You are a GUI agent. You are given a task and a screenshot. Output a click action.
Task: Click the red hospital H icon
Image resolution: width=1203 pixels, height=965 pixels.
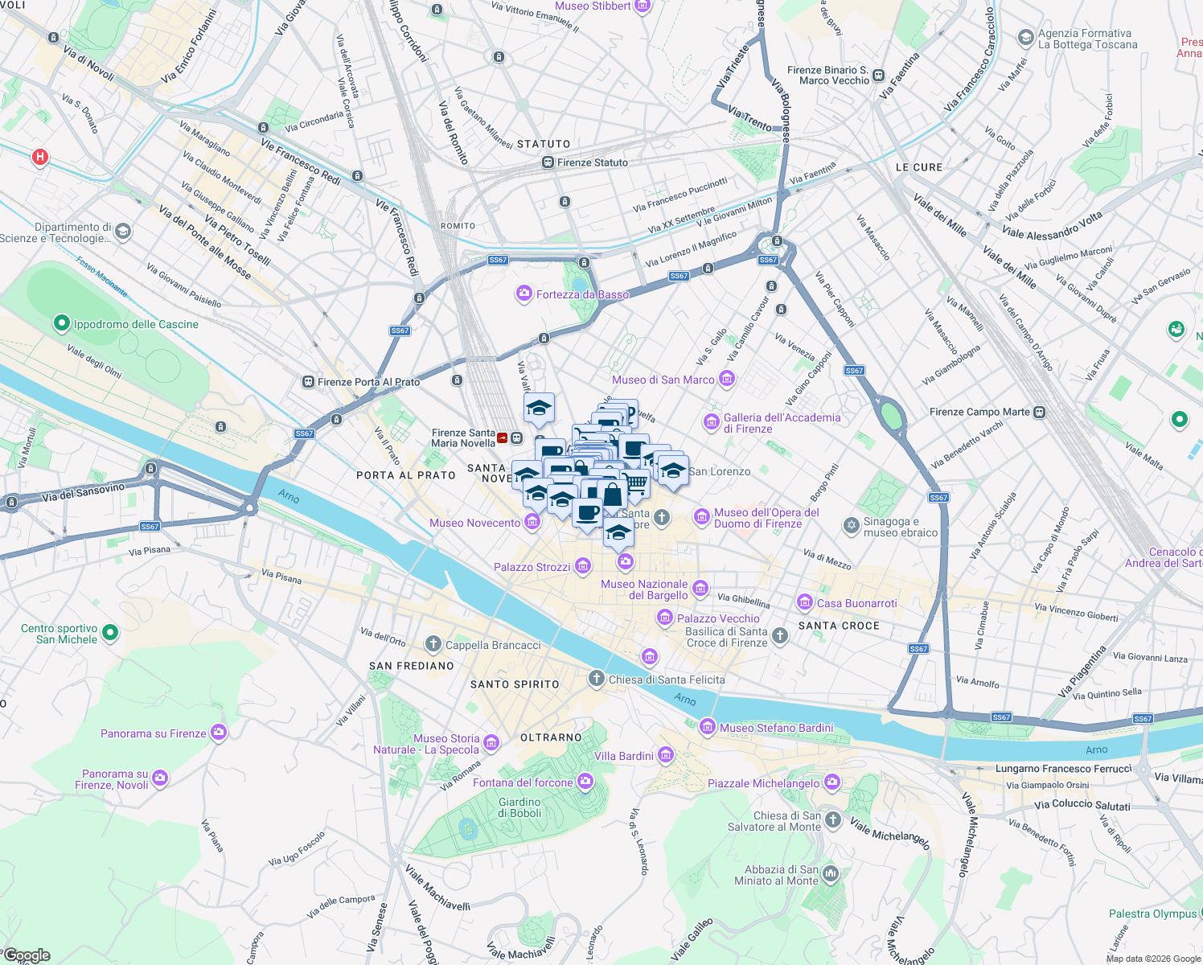point(40,157)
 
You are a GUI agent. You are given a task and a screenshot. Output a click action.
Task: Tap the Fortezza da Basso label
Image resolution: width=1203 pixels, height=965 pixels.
point(582,294)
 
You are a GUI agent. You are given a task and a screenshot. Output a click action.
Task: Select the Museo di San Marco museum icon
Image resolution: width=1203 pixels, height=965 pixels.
point(727,379)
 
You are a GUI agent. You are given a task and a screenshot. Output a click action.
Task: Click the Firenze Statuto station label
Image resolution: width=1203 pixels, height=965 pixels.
point(593,162)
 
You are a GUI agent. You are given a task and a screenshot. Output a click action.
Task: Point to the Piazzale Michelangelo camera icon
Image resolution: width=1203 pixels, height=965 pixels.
point(832,782)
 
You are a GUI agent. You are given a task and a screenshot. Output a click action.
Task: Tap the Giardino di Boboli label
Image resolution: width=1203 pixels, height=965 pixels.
point(519,807)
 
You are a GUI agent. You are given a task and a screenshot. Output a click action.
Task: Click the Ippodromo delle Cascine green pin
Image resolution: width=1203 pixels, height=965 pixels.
point(61,323)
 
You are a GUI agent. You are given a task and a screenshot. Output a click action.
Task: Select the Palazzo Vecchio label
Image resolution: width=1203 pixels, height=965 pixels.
point(718,618)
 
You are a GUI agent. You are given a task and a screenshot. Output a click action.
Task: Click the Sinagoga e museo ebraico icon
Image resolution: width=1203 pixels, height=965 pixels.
point(851,526)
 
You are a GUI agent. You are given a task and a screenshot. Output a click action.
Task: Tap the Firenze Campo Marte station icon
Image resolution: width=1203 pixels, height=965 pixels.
point(1040,412)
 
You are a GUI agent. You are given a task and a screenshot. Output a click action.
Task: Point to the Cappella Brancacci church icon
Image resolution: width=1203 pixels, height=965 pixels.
point(433,643)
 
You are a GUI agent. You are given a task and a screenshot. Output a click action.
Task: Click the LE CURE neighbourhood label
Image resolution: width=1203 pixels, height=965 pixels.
point(919,167)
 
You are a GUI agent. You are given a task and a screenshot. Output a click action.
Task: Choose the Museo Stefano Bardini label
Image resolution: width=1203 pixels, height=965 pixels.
point(777,728)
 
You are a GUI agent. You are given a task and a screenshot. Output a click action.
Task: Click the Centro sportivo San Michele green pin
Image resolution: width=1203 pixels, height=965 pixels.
point(110,633)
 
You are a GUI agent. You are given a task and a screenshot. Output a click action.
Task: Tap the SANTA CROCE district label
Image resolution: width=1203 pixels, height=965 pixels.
point(839,626)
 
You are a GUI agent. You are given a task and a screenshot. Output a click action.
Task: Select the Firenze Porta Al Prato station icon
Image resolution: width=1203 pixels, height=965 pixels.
point(308,382)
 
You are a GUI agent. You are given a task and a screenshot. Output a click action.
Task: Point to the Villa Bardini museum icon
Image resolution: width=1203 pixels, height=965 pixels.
point(666,755)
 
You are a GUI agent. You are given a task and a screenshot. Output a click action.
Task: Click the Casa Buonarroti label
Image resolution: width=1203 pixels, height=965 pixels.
point(857,603)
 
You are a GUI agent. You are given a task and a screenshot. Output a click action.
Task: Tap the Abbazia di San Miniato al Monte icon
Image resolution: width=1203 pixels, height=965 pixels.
point(831,873)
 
